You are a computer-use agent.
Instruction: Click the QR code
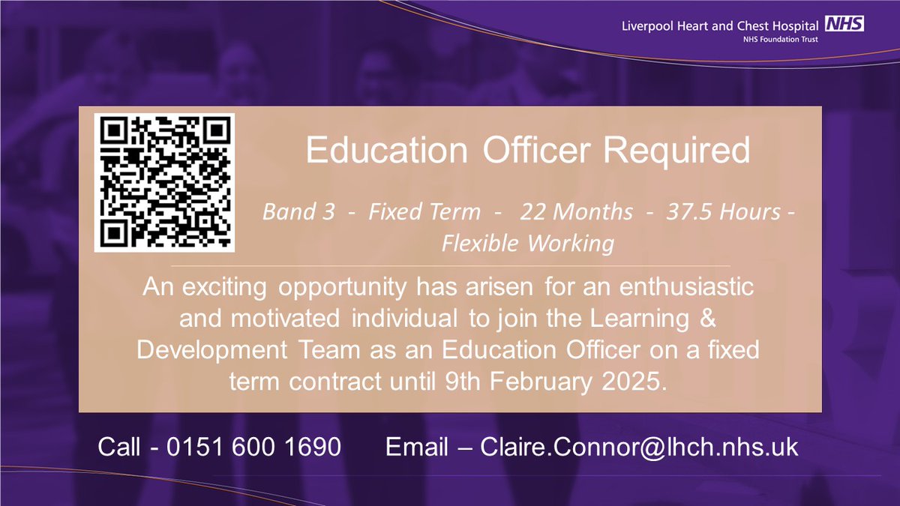pyautogui.click(x=164, y=182)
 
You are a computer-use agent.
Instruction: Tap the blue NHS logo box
pyautogui.click(x=844, y=25)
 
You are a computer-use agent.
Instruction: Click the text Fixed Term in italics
pyautogui.click(x=424, y=212)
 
